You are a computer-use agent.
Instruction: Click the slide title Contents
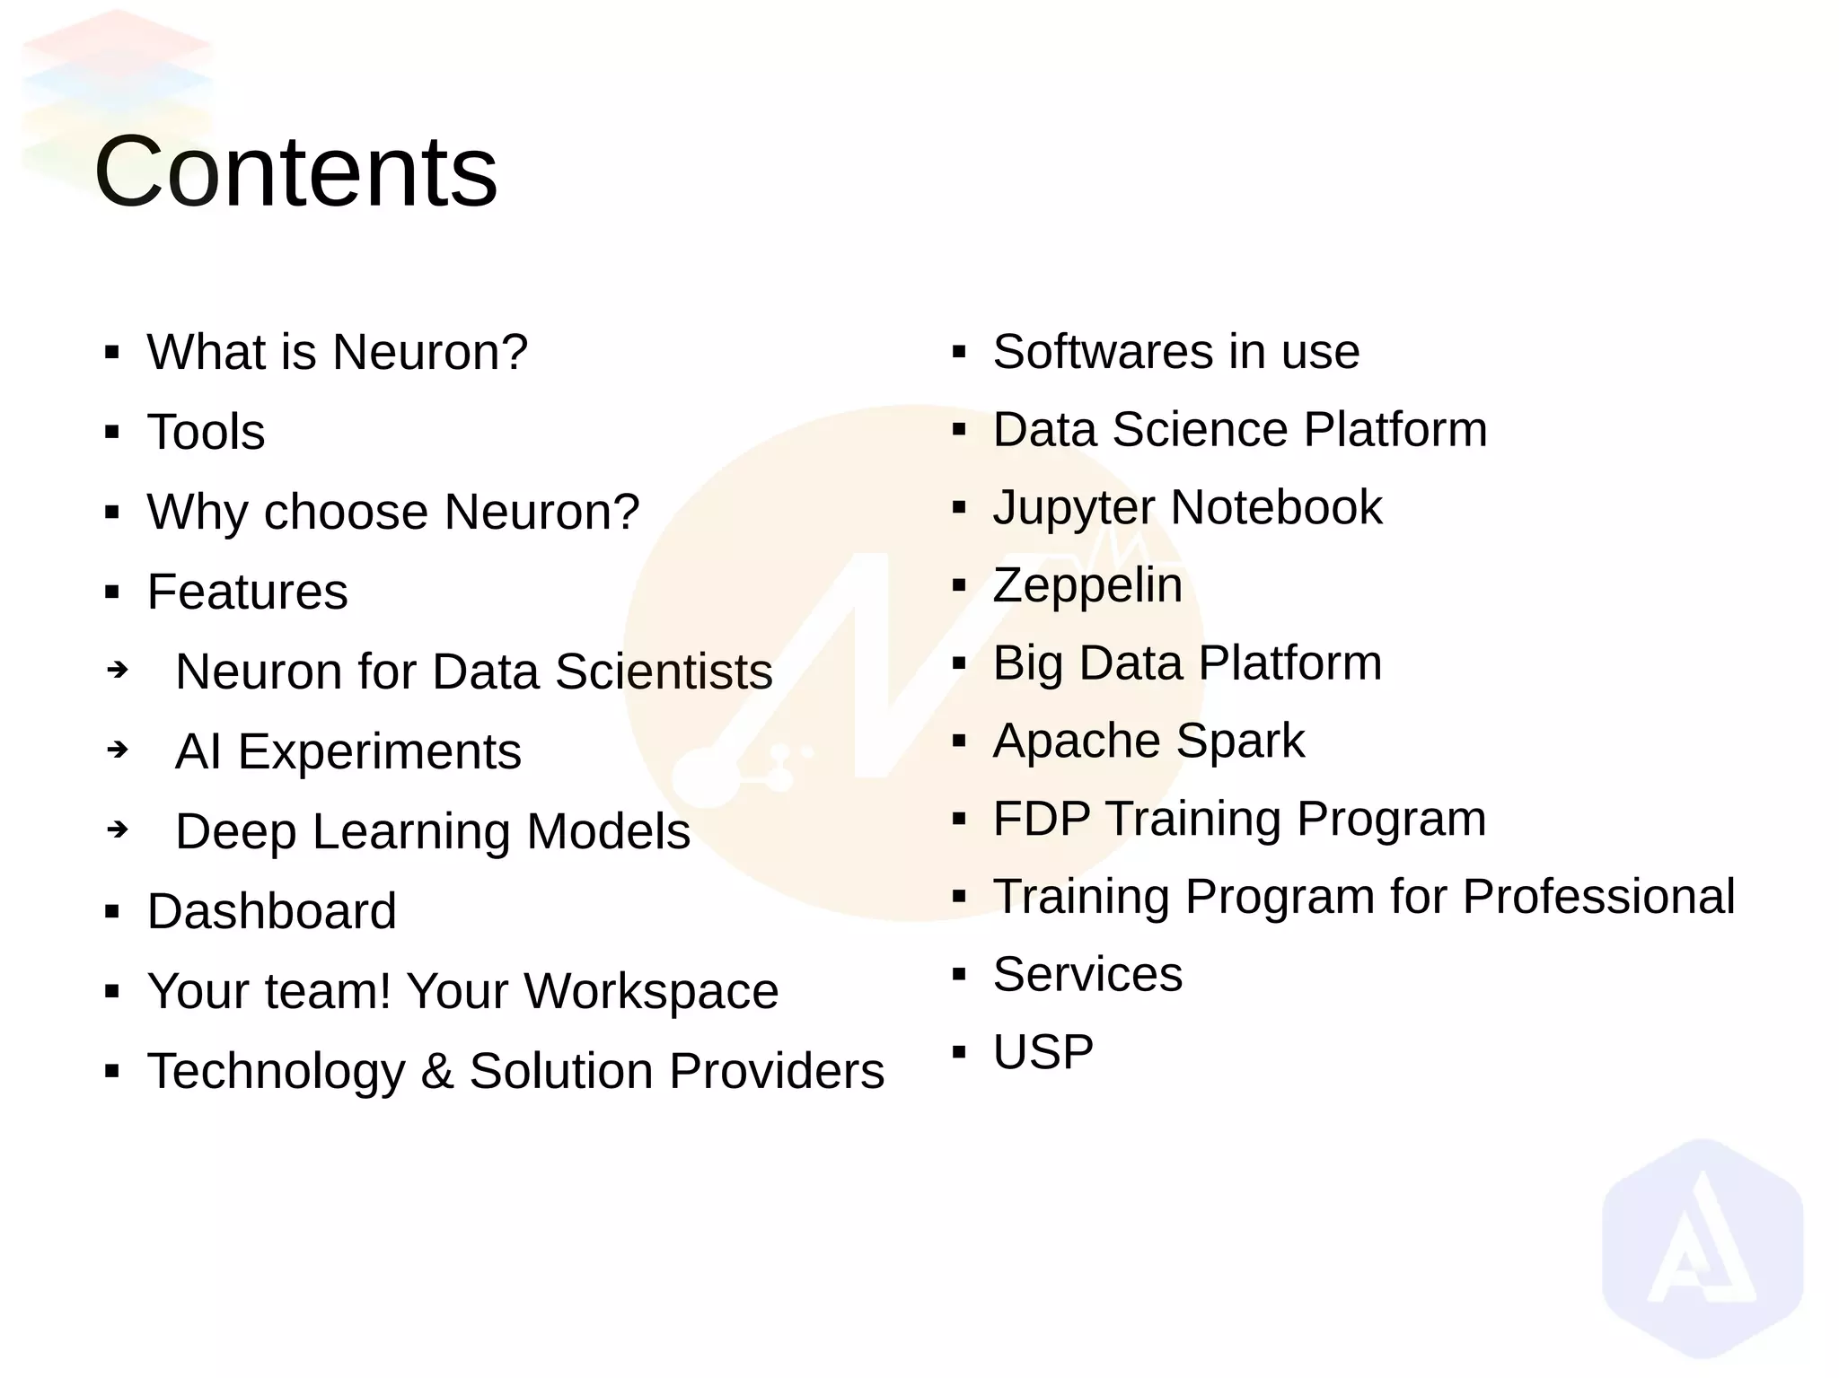(x=295, y=171)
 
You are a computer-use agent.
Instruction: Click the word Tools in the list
(x=206, y=432)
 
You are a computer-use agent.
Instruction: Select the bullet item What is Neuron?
(x=337, y=352)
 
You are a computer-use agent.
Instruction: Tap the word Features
(x=247, y=592)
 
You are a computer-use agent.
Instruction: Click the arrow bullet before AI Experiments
(x=118, y=749)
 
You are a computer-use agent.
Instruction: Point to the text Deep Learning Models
(x=432, y=831)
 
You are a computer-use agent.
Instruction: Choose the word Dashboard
(x=271, y=911)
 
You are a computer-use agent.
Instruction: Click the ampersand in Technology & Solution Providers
(x=436, y=1071)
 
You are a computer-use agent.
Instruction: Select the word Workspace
(x=651, y=991)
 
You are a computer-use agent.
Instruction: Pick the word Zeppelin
(x=1087, y=585)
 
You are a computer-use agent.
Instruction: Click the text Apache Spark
(x=1148, y=741)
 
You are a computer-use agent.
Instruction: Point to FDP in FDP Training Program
(x=1041, y=819)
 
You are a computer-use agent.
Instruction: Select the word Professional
(x=1597, y=896)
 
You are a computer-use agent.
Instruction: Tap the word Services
(x=1087, y=974)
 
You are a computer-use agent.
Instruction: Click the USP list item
(x=1043, y=1052)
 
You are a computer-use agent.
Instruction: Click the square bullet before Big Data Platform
(x=958, y=663)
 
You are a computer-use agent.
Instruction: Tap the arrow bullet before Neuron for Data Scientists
(x=118, y=670)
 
